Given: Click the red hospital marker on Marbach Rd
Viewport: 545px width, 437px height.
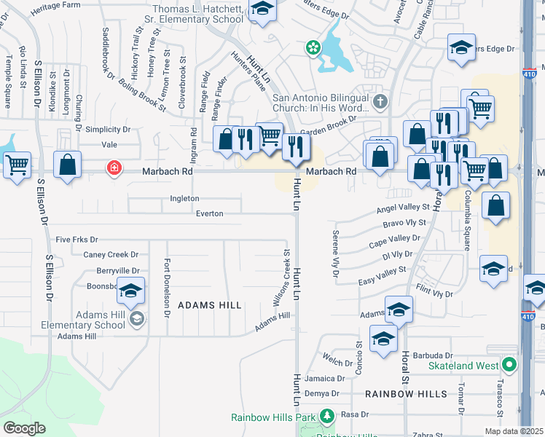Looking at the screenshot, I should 114,168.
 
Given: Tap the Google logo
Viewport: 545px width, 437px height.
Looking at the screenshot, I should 24,428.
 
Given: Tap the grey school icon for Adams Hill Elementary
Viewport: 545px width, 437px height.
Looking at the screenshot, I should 136,318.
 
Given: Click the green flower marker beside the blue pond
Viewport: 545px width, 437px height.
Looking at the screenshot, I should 313,48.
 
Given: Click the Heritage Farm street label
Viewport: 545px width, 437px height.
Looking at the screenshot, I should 55,5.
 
